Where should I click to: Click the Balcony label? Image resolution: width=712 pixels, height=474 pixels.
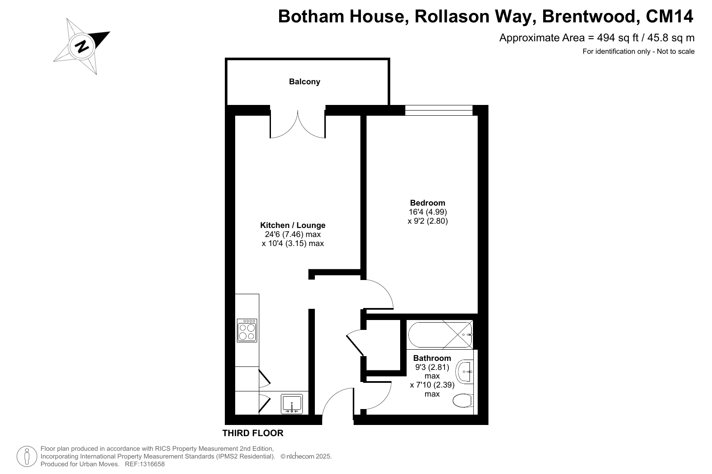pos(305,82)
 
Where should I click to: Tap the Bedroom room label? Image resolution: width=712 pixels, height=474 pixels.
pos(428,203)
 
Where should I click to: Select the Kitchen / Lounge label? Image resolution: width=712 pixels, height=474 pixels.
pos(293,225)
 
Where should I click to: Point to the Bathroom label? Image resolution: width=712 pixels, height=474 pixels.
pos(432,358)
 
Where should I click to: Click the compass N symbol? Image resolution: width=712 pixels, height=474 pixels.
pos(82,47)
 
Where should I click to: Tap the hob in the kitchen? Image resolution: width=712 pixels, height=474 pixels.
pos(247,330)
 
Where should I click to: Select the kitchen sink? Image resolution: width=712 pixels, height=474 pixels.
pos(292,404)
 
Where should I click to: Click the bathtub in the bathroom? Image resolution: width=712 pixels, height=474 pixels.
pos(440,335)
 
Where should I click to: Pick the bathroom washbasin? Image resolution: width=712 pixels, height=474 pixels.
pos(464,372)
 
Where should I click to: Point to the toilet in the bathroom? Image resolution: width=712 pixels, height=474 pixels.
pos(463,400)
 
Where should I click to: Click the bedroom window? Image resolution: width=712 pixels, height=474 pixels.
pos(439,110)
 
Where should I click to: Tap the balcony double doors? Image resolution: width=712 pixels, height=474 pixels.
pos(298,124)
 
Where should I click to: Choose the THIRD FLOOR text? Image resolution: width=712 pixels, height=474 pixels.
pos(253,433)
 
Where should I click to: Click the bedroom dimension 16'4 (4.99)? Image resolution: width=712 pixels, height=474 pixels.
pos(428,212)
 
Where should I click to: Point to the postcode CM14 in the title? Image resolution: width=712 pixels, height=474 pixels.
pos(669,16)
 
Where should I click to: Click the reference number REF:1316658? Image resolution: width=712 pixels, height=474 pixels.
pos(145,464)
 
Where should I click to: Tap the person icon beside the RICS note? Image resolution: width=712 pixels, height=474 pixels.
pos(27,456)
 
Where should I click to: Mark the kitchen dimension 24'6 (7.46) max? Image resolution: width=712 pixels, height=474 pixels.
pos(293,234)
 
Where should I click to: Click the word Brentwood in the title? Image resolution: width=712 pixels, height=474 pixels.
pos(591,16)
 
